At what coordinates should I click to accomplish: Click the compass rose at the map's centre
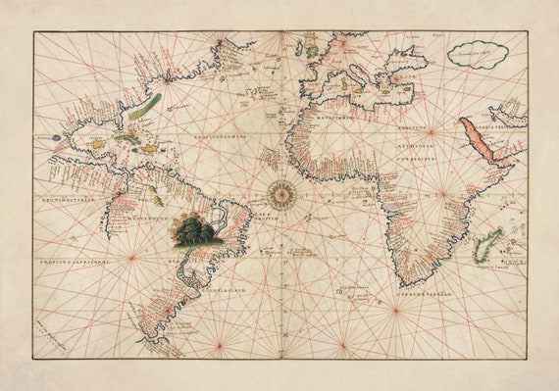pyautogui.click(x=280, y=193)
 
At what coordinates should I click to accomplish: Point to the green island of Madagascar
pyautogui.click(x=487, y=245)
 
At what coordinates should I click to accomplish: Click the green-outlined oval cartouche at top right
pyautogui.click(x=478, y=53)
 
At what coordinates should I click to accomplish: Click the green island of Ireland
pyautogui.click(x=312, y=47)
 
